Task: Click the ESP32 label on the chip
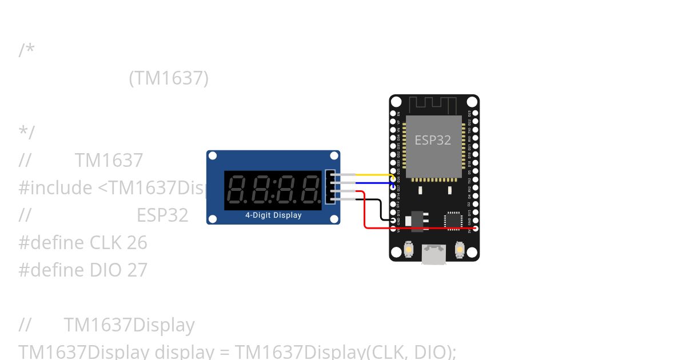pos(433,140)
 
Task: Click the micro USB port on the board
pos(434,254)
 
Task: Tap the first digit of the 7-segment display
pos(238,190)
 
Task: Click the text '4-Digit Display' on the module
pos(273,215)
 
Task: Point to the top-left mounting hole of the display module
pos(213,156)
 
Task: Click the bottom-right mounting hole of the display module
pos(334,218)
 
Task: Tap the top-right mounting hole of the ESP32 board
pos(472,102)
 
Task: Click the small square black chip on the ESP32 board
pos(453,221)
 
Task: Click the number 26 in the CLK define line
pos(137,243)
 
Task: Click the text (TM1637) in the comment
pos(169,78)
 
